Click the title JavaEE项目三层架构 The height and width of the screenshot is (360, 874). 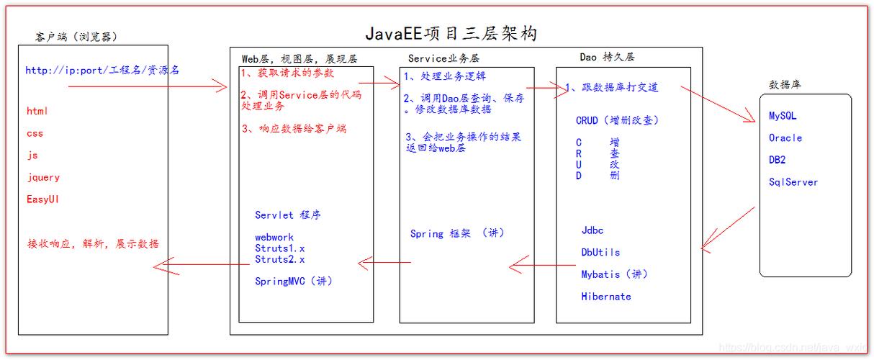[x=451, y=33]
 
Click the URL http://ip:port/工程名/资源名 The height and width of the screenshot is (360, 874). [x=102, y=70]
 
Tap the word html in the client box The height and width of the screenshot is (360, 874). [x=37, y=111]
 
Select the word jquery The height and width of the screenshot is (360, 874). [x=43, y=177]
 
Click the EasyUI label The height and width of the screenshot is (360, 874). [x=42, y=199]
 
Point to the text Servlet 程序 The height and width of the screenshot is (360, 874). [x=288, y=215]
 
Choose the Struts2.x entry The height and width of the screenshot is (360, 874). [x=280, y=259]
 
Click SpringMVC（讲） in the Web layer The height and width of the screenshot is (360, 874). [x=294, y=281]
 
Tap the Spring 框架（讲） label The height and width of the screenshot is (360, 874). [x=457, y=233]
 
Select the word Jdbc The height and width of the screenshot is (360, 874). [x=593, y=230]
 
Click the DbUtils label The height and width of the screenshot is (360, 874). [x=600, y=252]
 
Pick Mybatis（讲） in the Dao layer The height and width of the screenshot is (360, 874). [x=614, y=274]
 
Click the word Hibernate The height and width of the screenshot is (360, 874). [x=606, y=296]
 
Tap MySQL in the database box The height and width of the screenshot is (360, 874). [x=783, y=116]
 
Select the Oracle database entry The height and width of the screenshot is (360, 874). [x=785, y=138]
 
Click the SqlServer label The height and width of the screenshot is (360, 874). [x=793, y=182]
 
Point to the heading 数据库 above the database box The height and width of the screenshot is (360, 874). [x=785, y=84]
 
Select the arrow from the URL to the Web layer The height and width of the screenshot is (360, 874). [x=148, y=86]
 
